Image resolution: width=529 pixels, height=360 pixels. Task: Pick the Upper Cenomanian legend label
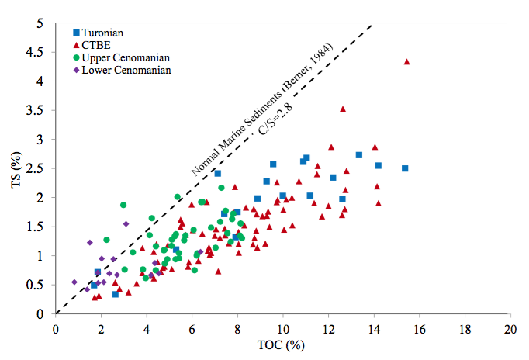(x=125, y=57)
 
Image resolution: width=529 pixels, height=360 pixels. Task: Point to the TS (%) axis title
(x=15, y=168)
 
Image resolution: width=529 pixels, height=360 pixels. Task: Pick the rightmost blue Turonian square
(x=405, y=168)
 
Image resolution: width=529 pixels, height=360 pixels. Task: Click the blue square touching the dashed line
(x=218, y=173)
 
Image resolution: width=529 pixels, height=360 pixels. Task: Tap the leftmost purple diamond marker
(x=74, y=282)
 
